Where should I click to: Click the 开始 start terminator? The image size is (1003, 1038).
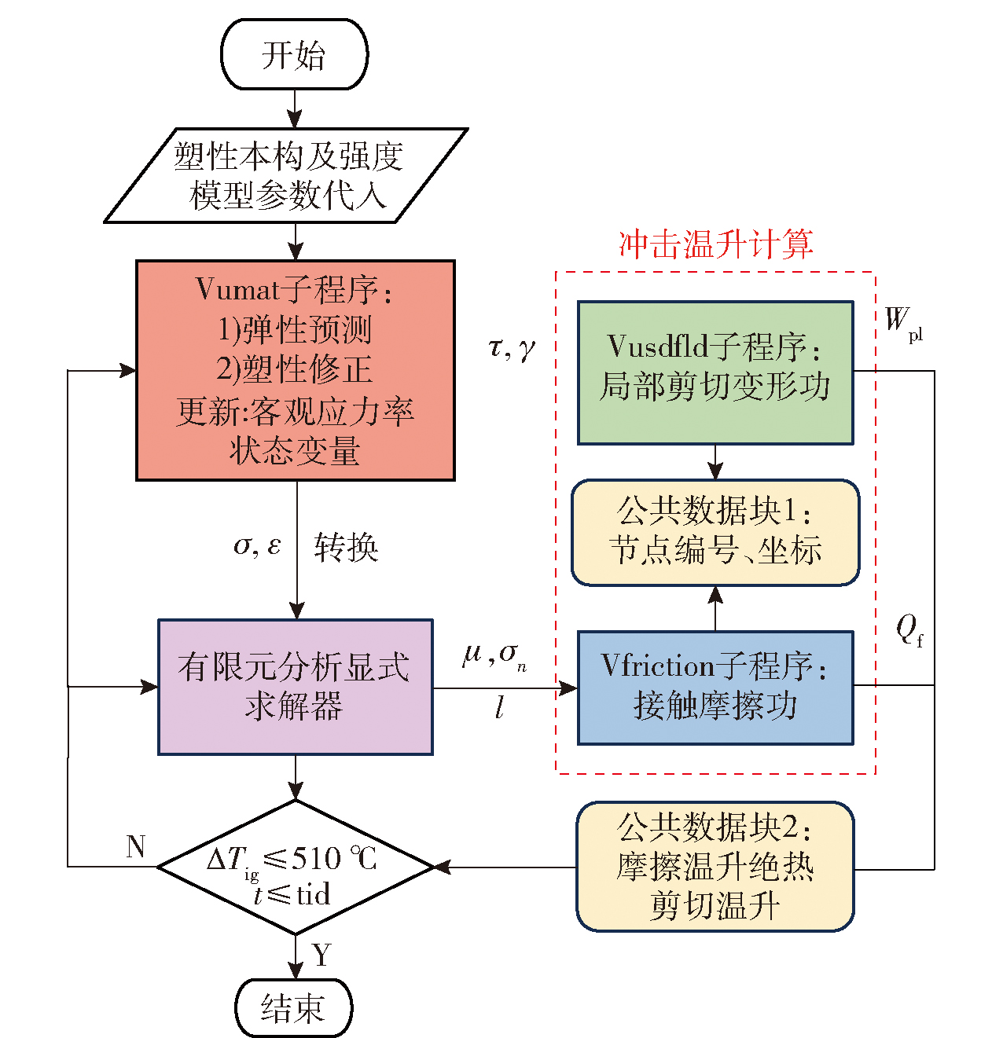coord(294,55)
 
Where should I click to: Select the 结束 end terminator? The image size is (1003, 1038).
coord(293,1007)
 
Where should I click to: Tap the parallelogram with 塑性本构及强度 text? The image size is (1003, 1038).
coord(287,176)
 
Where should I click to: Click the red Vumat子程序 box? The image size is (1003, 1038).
coord(296,370)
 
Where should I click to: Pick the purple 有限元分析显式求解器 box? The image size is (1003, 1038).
coord(296,687)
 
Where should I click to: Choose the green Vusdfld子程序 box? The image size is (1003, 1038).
coord(715,372)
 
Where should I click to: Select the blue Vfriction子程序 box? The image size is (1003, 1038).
coord(715,688)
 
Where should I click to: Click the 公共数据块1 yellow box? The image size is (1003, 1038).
coord(715,533)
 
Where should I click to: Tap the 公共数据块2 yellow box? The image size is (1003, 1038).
coord(715,867)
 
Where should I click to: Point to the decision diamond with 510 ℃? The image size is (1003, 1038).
coord(296,867)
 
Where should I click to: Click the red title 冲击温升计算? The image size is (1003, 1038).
coord(715,244)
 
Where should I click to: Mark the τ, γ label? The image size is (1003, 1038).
coord(511,347)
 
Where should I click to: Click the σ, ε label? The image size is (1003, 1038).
coord(257,545)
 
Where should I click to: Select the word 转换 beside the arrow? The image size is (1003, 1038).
coord(346,548)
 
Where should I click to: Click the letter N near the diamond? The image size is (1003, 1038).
coord(136,846)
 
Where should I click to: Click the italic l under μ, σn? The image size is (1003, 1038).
coord(499,708)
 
